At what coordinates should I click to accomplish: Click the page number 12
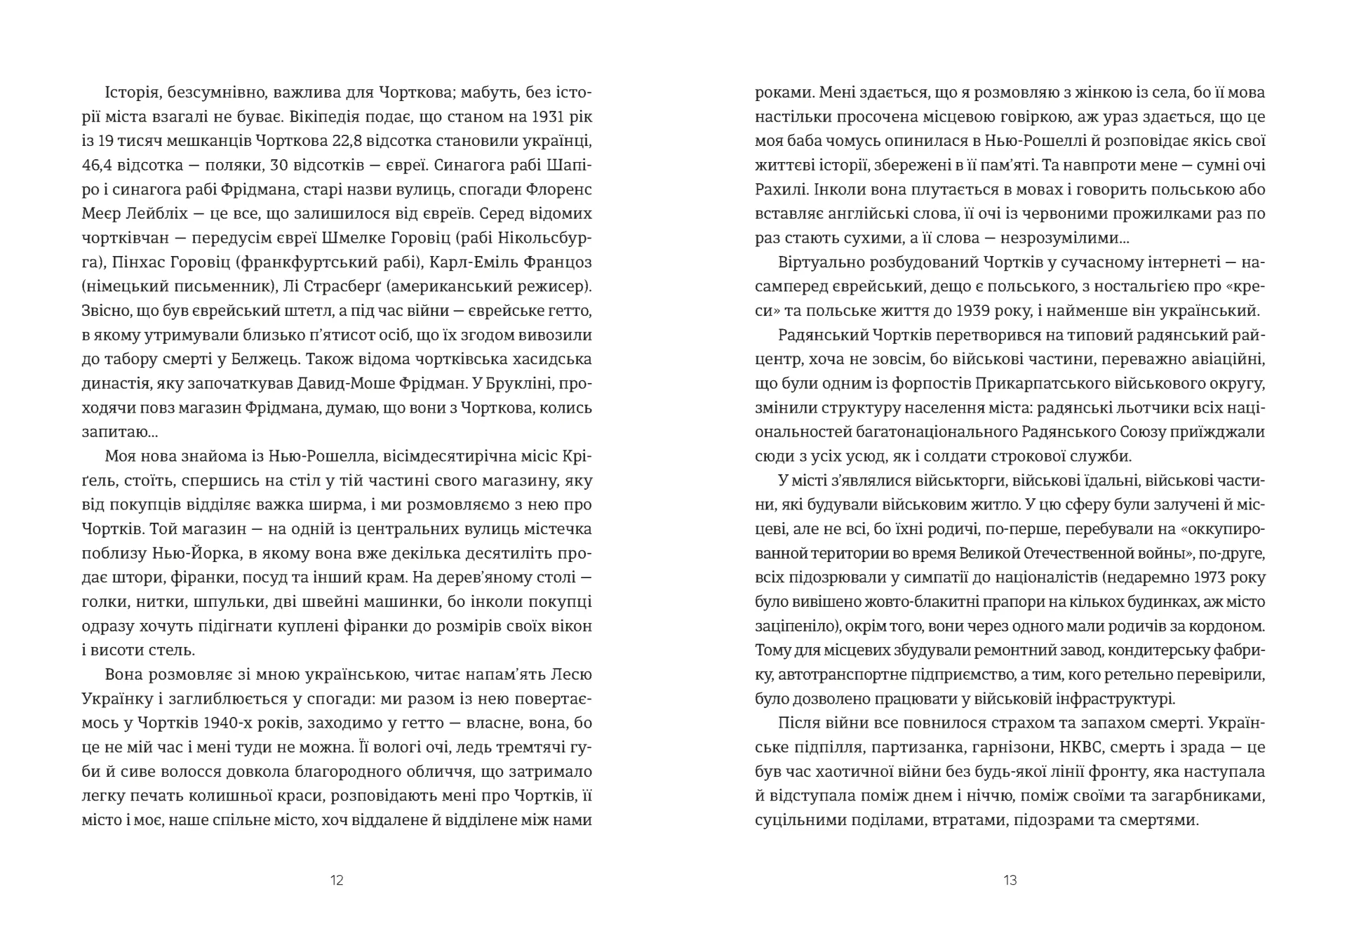[x=337, y=881]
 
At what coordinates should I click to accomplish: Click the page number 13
[x=1010, y=881]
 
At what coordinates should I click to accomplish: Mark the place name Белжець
[x=262, y=359]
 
